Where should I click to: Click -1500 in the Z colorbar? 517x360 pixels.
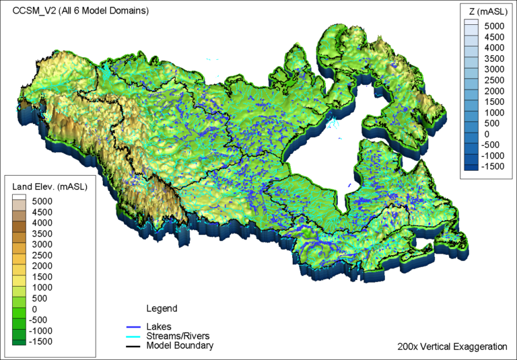[495, 166]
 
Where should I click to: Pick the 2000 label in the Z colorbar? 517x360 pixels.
[495, 91]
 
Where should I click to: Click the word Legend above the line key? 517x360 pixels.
[162, 309]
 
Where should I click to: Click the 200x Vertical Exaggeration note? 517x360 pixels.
[452, 347]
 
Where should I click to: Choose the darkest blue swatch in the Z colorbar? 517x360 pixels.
[472, 167]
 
